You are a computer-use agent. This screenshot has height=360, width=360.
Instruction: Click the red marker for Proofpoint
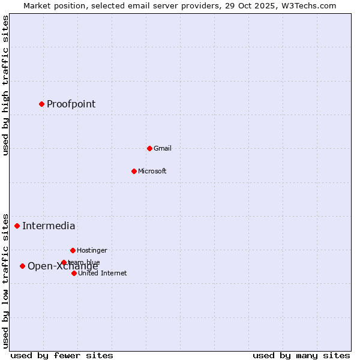(x=41, y=104)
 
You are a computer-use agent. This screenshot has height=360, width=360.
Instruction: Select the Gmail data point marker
(x=149, y=148)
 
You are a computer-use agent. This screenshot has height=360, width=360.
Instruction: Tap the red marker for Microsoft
(x=134, y=171)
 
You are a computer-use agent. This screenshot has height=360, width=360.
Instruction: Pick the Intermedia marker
(x=17, y=226)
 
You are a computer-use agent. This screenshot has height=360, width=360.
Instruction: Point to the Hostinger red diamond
(x=73, y=250)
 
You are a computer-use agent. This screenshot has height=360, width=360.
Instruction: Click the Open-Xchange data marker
(x=22, y=266)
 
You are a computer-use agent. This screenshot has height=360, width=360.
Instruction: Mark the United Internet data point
(x=74, y=273)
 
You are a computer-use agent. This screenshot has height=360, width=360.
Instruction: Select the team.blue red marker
(x=64, y=262)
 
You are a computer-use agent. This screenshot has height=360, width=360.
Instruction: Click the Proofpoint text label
(x=71, y=104)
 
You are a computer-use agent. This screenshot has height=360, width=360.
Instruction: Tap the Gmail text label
(x=162, y=148)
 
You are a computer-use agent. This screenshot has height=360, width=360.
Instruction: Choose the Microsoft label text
(x=152, y=171)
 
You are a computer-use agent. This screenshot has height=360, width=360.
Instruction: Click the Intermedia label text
(x=49, y=226)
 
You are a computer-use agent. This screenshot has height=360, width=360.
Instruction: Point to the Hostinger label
(x=92, y=250)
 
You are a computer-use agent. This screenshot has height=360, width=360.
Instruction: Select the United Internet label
(x=102, y=273)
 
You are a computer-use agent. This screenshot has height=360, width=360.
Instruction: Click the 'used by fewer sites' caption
(x=62, y=355)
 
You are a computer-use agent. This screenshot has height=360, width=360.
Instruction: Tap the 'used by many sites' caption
(x=301, y=355)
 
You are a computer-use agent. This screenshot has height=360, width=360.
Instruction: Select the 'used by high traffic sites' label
(x=5, y=85)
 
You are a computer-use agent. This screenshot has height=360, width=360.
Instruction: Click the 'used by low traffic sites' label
(x=5, y=280)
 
